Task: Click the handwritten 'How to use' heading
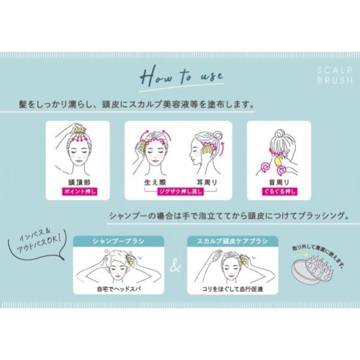pyautogui.click(x=181, y=76)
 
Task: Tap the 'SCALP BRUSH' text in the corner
pyautogui.click(x=335, y=75)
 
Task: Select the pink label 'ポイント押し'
pyautogui.click(x=79, y=191)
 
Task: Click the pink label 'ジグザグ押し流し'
pyautogui.click(x=181, y=191)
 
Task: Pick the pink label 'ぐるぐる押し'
pyautogui.click(x=280, y=191)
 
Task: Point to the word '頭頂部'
pyautogui.click(x=79, y=182)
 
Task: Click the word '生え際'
pyautogui.click(x=155, y=182)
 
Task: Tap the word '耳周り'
pyautogui.click(x=206, y=182)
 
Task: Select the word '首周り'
pyautogui.click(x=279, y=182)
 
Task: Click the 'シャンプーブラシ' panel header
pyautogui.click(x=118, y=241)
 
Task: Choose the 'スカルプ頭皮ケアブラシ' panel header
pyautogui.click(x=232, y=241)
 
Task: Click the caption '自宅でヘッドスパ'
pyautogui.click(x=119, y=289)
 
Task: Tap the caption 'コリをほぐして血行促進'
pyautogui.click(x=232, y=289)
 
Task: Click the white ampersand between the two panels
pyautogui.click(x=175, y=266)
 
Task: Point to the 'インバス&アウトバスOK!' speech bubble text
pyautogui.click(x=38, y=241)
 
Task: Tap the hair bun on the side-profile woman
pyautogui.click(x=217, y=136)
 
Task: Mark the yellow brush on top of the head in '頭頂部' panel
pyautogui.click(x=79, y=131)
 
